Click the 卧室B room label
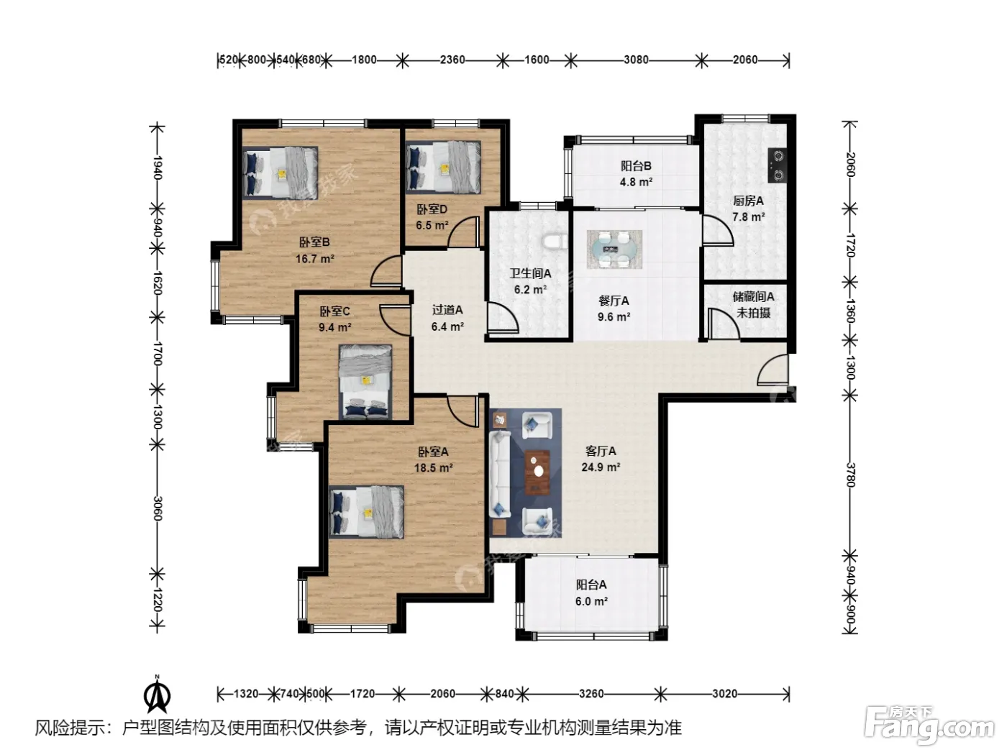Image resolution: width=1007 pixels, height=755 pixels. pos(314,242)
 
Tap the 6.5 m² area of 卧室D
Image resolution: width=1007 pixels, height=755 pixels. pos(432,226)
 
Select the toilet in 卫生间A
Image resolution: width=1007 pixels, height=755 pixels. pos(554,242)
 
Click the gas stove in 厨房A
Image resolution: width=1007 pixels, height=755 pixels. pos(777,165)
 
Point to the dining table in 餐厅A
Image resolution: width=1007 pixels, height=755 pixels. pos(614,250)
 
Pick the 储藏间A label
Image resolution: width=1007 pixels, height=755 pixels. pos(753,296)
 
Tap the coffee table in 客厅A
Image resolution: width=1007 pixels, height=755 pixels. pos(538,472)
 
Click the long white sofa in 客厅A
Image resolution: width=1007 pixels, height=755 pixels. pos(500,475)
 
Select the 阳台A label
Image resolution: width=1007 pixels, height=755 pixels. pos(591,585)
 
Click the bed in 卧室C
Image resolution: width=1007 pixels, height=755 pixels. pos(365,382)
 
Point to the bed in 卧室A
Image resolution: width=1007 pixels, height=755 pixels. pos(367,512)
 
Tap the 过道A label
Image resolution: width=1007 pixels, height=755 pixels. pos(447,310)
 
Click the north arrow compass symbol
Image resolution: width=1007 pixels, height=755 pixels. pos(158,695)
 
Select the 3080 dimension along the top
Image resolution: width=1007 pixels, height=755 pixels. pos(636,60)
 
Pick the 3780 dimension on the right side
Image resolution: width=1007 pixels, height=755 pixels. pos(850,475)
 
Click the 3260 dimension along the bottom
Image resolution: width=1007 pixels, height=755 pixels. pos(591,694)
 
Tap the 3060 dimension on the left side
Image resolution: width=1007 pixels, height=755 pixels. pos(158,508)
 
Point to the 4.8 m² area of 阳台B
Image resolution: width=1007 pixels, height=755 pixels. pos(636,182)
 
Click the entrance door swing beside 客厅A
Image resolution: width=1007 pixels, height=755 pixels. pos(773,370)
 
